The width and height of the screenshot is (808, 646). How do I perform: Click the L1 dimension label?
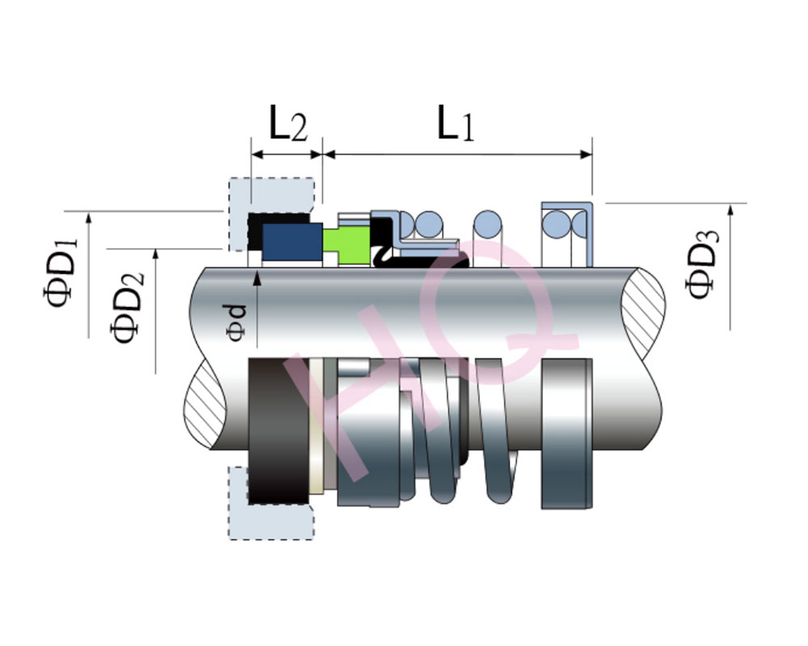(456, 123)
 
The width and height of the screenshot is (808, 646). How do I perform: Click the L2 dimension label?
(288, 123)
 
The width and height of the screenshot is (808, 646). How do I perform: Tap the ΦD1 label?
(61, 272)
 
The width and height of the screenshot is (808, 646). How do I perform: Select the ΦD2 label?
(127, 308)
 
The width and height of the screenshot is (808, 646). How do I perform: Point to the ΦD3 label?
(701, 264)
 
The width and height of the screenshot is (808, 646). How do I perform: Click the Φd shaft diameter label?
(236, 322)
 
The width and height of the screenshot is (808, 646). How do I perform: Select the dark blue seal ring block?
(292, 241)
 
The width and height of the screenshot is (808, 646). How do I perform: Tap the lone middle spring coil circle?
(487, 224)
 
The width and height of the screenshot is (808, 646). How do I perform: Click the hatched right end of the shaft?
(643, 313)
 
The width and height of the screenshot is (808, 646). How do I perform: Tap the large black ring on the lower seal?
(278, 430)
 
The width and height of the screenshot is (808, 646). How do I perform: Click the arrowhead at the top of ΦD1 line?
(89, 218)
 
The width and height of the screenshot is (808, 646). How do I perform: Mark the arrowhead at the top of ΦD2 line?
(156, 255)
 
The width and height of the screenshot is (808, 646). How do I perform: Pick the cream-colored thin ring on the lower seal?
(316, 426)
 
